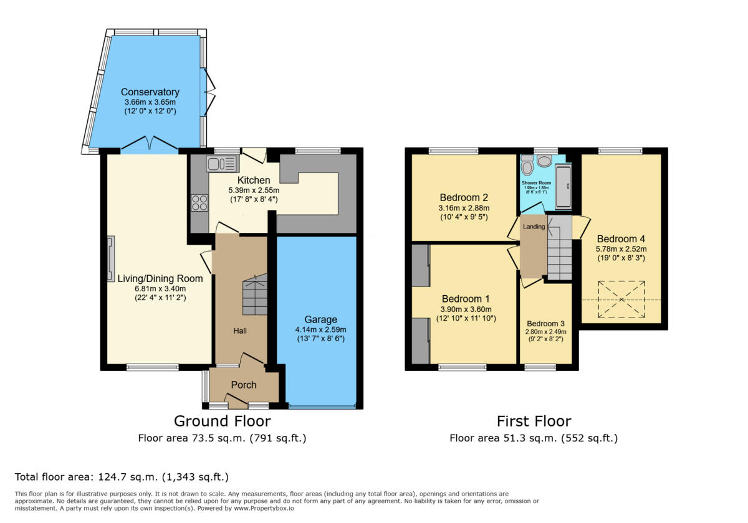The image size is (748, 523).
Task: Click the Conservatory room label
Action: pos(150,92)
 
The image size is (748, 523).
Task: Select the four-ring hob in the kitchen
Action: pos(199,203)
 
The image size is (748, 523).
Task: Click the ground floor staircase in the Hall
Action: pos(254,294)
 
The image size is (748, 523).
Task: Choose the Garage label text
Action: pos(321,319)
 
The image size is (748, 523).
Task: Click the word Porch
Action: pos(244,385)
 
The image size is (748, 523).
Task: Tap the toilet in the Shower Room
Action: pos(527,165)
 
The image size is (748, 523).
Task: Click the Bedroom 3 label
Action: pos(545,324)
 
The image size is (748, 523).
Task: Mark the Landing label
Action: pos(534,227)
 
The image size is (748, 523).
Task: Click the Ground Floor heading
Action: pos(222,421)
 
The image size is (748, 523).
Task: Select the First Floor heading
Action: pos(534,421)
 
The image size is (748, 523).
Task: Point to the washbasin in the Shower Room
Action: pos(544,161)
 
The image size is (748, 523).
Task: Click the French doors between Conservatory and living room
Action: pos(149,146)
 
